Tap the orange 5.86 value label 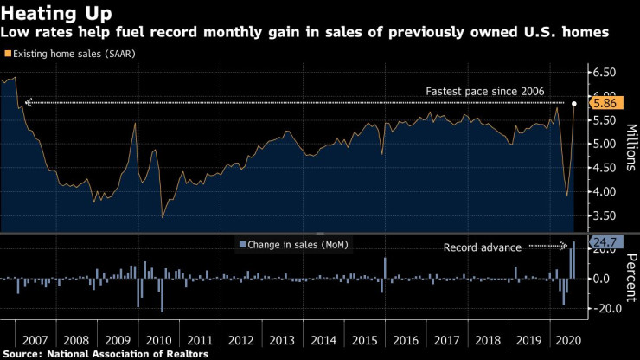click(605, 102)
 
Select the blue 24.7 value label click(605, 242)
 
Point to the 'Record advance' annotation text click(482, 247)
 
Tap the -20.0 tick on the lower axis click(606, 308)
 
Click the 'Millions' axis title click(631, 143)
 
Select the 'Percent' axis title click(631, 277)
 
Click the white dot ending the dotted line click(575, 103)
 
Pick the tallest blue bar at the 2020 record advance click(573, 260)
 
